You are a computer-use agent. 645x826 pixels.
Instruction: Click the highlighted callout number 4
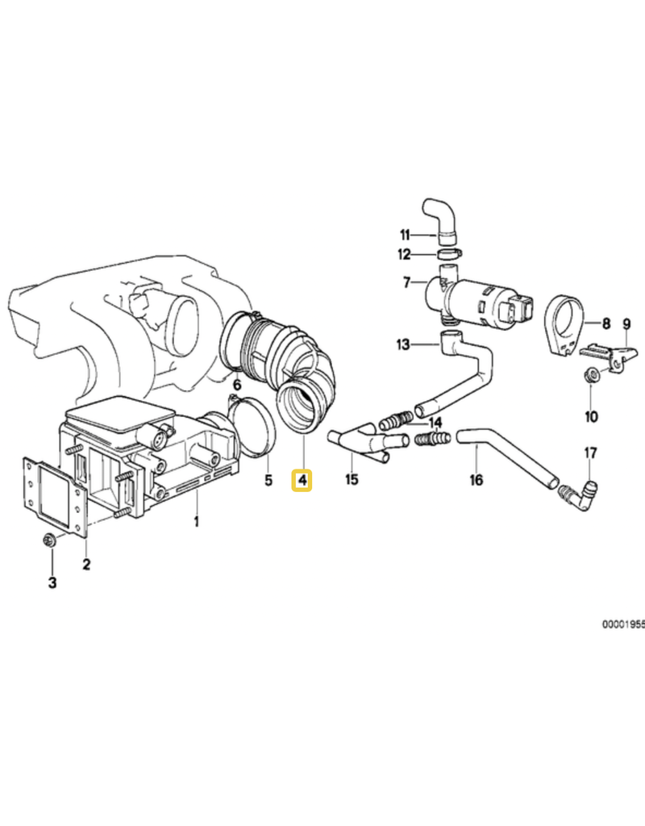coord(302,481)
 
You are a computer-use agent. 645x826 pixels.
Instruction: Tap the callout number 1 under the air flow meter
coord(197,522)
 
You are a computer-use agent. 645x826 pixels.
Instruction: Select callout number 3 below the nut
coord(52,582)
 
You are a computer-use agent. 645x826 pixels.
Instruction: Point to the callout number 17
coord(590,453)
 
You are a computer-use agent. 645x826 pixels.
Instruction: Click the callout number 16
coord(476,481)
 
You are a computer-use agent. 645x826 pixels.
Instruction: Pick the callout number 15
coord(352,479)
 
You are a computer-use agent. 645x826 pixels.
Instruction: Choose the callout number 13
coord(403,345)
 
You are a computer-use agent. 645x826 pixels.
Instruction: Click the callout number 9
coord(626,324)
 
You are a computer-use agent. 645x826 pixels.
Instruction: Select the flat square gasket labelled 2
coord(54,496)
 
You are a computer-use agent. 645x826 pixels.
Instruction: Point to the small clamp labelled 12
coord(450,254)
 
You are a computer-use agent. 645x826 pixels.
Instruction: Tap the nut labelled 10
coord(590,377)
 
